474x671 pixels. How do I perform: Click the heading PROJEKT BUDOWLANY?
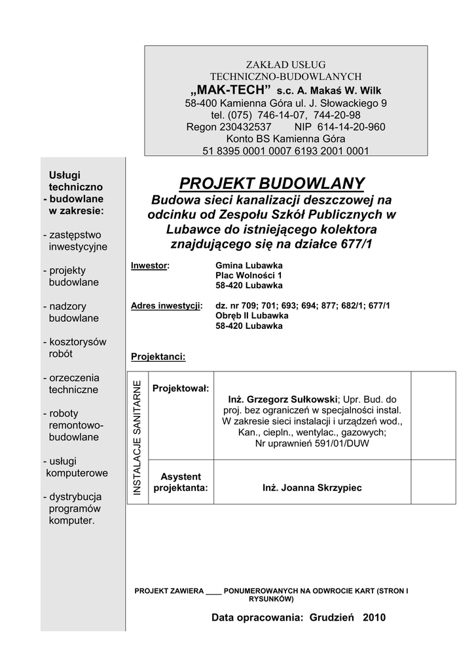coord(272,183)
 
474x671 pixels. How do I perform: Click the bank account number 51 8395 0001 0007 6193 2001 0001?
coord(285,151)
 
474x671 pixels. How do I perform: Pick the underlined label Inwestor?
coord(149,265)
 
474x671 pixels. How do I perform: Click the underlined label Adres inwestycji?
coord(166,305)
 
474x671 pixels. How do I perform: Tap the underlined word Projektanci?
coord(158,357)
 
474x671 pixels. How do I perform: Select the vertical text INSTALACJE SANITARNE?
coord(137,438)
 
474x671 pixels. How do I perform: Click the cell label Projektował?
coord(181,389)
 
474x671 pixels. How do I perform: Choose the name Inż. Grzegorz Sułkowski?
coord(282,399)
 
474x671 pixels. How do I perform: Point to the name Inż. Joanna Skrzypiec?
coord(312,488)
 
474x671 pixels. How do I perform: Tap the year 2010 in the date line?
coord(374,617)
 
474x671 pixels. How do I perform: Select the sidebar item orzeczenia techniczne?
coord(71,383)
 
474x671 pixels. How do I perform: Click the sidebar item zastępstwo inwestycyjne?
coord(75,240)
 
